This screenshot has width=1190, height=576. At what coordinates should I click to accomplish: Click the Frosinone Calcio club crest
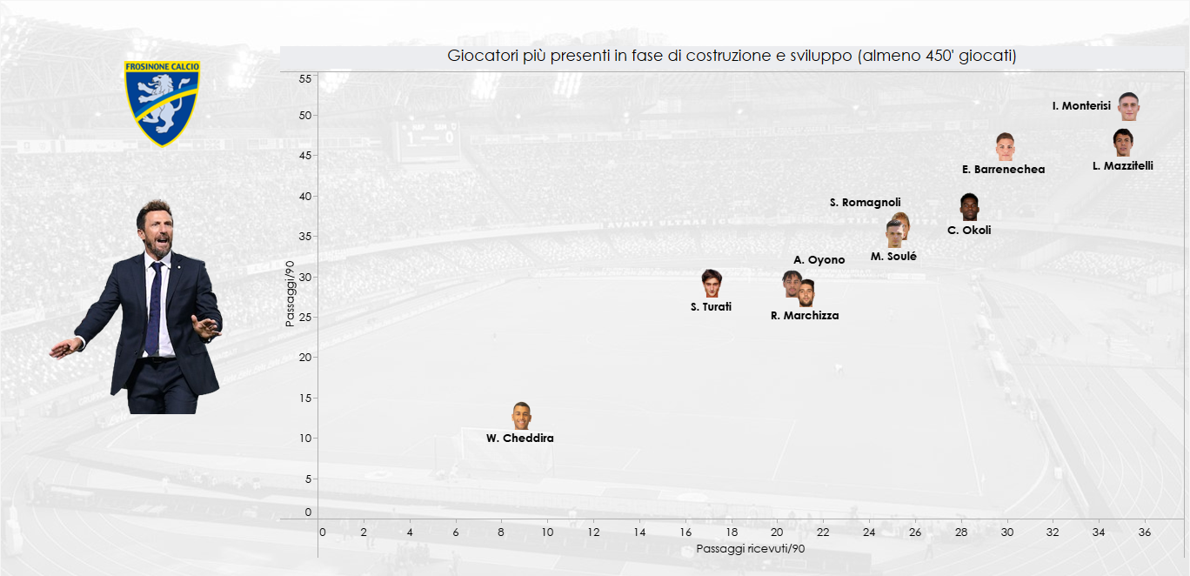[163, 102]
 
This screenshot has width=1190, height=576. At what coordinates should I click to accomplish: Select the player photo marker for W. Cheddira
[521, 416]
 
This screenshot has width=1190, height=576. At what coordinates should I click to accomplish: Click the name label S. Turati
[711, 307]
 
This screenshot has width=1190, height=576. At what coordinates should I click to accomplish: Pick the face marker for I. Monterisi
[1128, 105]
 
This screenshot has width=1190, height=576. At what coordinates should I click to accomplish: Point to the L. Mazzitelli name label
[1122, 165]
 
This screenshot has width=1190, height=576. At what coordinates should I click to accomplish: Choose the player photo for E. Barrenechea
[1005, 146]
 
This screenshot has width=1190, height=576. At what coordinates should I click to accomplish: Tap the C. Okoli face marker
[969, 207]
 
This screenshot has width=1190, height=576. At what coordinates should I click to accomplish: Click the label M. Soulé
[893, 257]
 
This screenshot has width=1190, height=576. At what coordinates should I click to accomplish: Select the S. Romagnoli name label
[865, 203]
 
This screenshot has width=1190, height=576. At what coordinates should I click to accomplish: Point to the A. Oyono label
[819, 260]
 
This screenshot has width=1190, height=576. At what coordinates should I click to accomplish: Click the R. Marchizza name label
[805, 316]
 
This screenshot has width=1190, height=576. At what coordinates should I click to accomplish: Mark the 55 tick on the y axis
[305, 78]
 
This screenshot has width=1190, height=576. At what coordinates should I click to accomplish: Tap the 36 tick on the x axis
[1144, 532]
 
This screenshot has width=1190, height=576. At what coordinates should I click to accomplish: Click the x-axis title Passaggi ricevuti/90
[750, 549]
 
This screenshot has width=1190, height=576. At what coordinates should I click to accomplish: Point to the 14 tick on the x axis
[639, 532]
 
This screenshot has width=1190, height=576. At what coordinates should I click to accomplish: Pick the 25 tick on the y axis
[305, 317]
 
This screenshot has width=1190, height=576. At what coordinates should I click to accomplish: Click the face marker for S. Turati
[712, 283]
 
